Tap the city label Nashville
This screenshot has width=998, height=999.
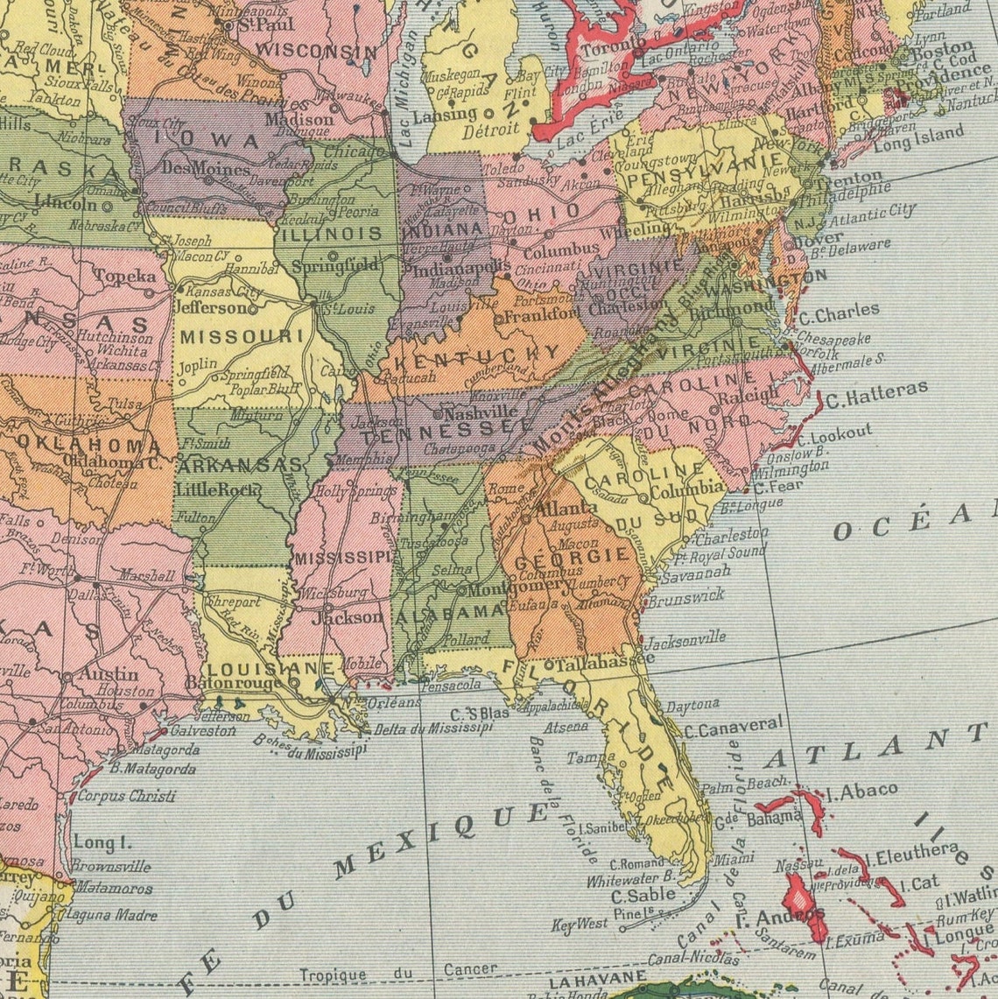click(480, 413)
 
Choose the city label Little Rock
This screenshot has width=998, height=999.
click(214, 489)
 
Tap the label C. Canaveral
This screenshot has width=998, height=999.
click(734, 726)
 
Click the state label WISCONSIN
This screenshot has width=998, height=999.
click(306, 50)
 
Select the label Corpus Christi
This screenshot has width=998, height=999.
click(126, 796)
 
